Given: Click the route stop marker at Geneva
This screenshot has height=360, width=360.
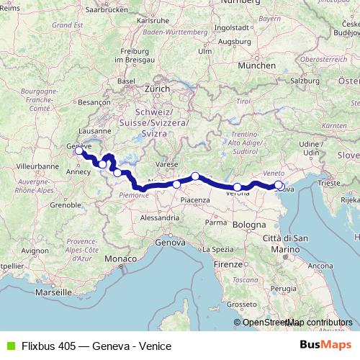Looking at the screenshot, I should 78,151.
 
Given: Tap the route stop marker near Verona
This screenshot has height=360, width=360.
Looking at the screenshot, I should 238,187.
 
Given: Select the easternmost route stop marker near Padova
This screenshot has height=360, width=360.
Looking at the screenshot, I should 279,185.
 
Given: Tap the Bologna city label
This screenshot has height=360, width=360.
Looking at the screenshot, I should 249,225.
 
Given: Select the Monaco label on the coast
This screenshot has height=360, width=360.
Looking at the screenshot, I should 119,258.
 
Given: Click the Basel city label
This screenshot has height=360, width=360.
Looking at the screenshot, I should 127,81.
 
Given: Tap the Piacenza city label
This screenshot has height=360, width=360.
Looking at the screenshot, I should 194,199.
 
